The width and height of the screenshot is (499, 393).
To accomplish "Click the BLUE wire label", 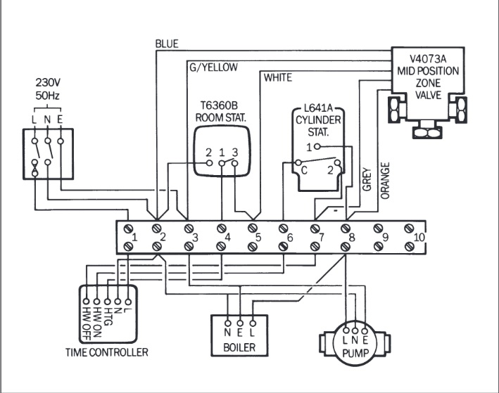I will click(167, 44).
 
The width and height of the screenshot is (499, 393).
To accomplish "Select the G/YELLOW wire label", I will click(213, 67).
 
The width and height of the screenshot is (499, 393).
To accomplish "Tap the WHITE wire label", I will click(277, 77).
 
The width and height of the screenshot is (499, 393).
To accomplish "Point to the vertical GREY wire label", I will click(366, 179).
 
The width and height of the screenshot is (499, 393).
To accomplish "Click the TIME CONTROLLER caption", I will click(106, 352).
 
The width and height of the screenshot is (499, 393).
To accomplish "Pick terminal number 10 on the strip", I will click(420, 238).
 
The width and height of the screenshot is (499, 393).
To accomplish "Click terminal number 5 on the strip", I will click(258, 238).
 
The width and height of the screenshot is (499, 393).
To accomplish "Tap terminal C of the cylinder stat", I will click(303, 169).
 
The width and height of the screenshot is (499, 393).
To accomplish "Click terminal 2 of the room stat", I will click(208, 153).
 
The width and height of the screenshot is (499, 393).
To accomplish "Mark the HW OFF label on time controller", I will click(87, 319).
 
